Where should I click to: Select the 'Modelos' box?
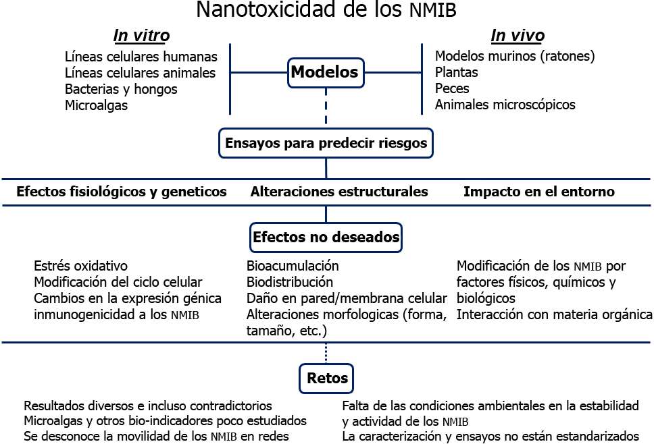click(x=326, y=72)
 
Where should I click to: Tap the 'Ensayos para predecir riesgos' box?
click(x=326, y=144)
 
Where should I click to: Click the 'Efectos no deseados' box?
click(x=326, y=238)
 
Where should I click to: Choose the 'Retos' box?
click(x=327, y=379)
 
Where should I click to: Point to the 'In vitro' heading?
click(x=141, y=36)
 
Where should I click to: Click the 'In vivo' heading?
click(x=517, y=36)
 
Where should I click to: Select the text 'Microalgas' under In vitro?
click(x=96, y=105)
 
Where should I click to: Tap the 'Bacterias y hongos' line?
click(x=121, y=89)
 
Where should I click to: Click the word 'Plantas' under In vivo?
click(x=456, y=72)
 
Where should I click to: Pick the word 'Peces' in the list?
click(x=452, y=88)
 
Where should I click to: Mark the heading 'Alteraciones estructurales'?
click(x=338, y=192)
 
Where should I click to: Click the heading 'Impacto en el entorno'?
click(x=538, y=192)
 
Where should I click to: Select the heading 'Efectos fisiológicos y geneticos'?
click(x=122, y=192)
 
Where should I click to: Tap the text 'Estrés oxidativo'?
click(x=80, y=266)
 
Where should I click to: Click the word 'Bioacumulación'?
click(x=293, y=266)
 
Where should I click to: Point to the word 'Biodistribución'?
click(x=290, y=282)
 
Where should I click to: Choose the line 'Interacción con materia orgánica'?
click(x=554, y=314)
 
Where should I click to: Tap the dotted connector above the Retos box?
click(x=326, y=353)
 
